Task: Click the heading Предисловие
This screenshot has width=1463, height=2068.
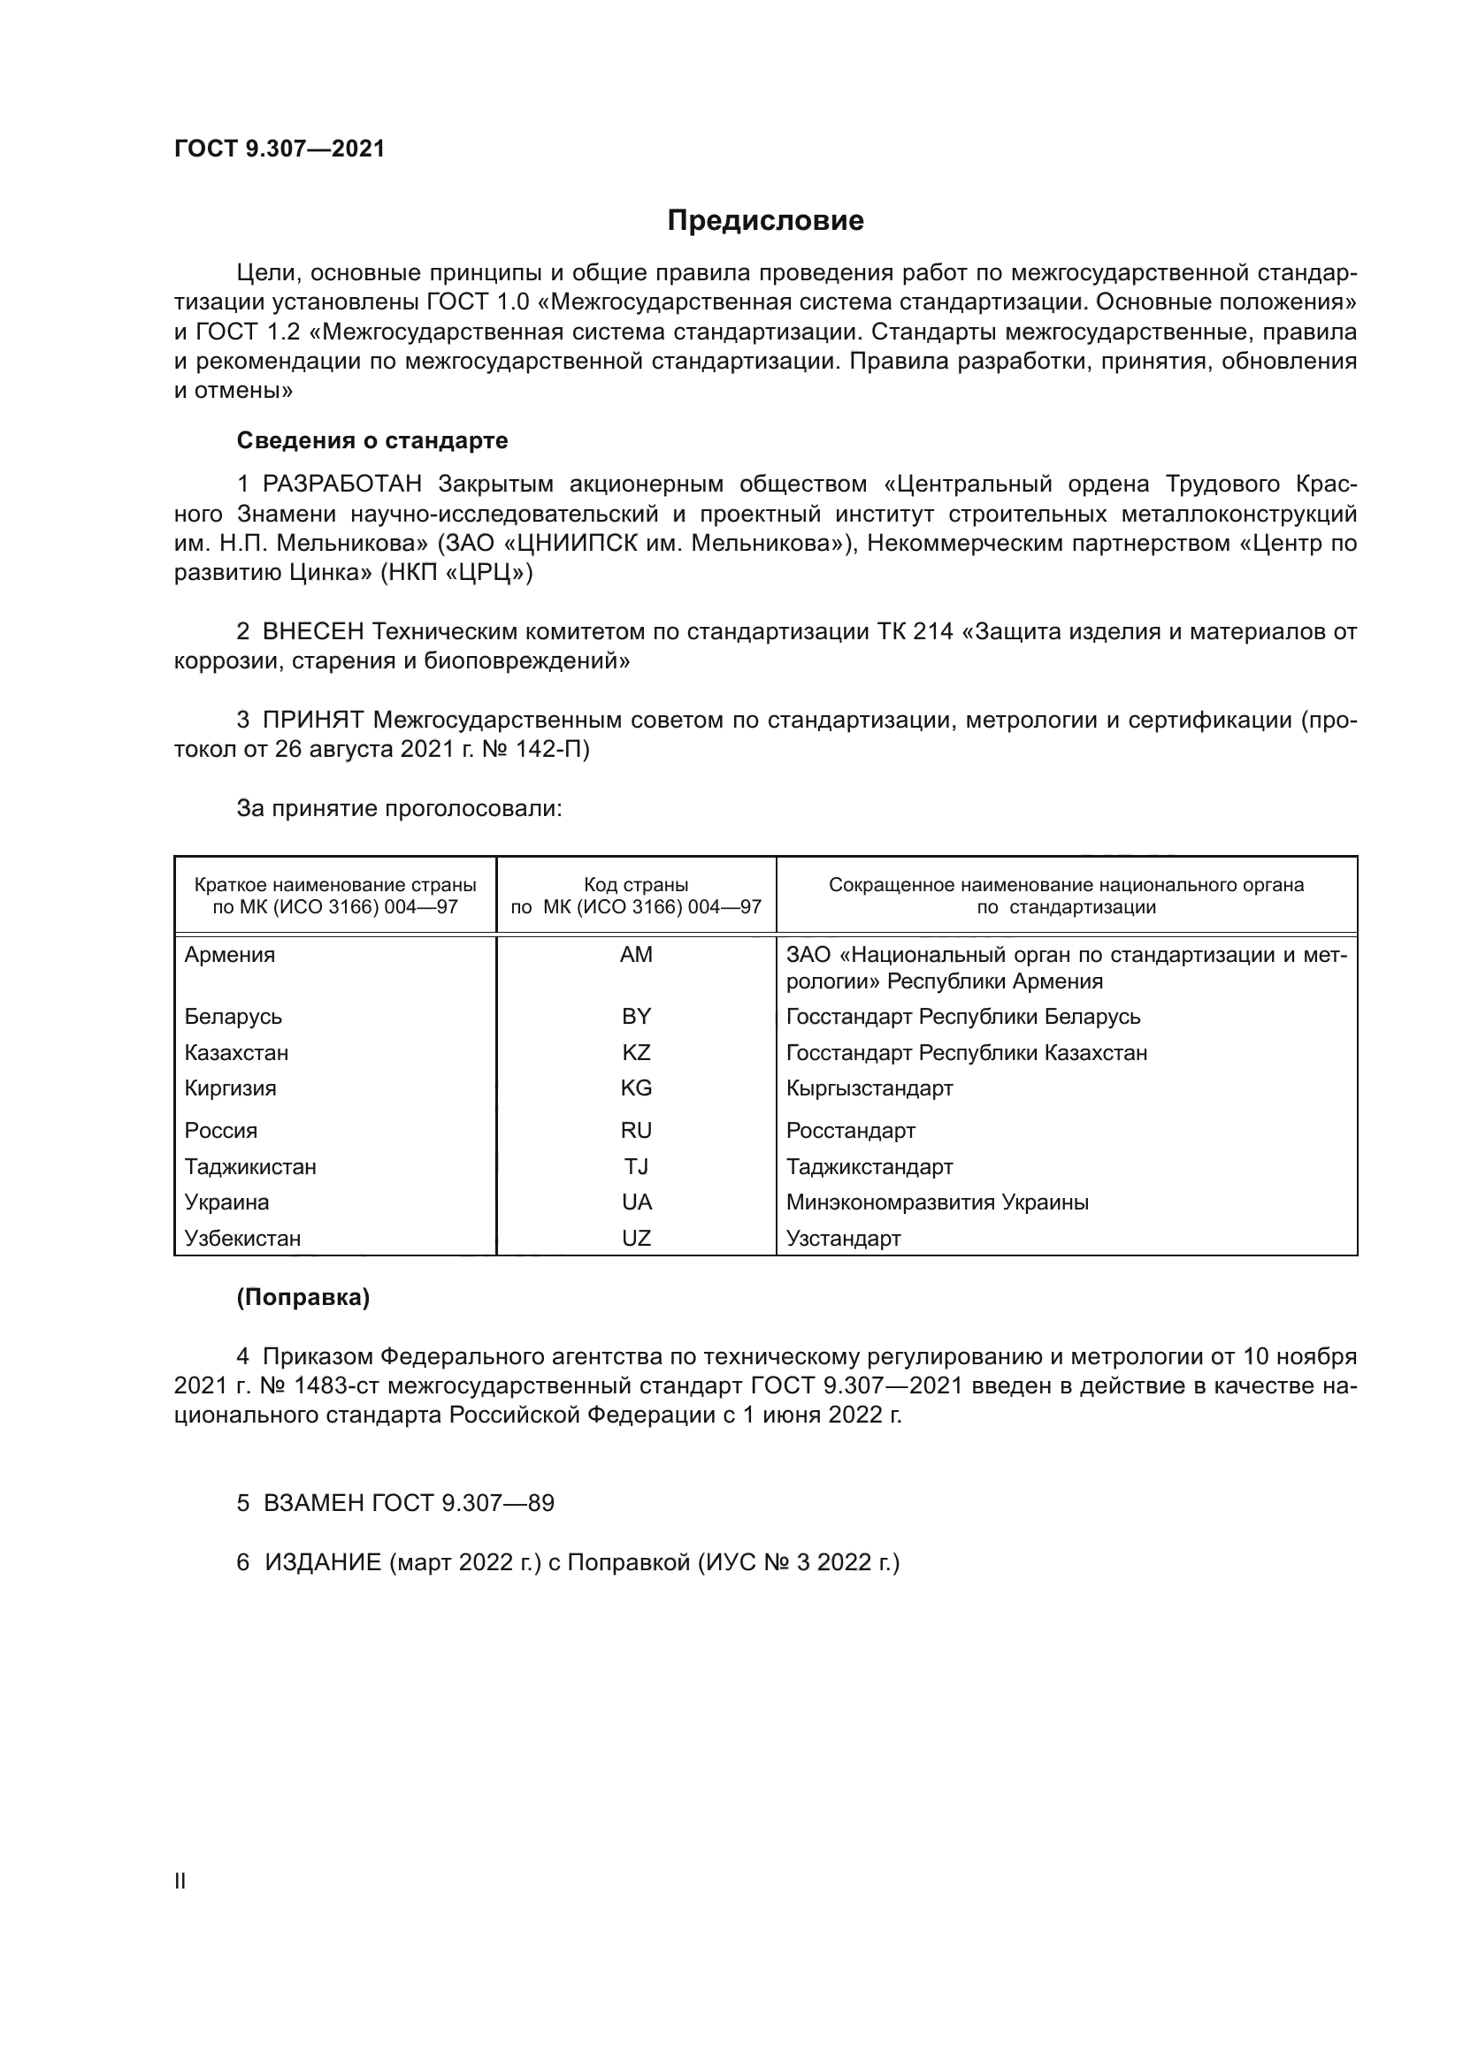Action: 765,221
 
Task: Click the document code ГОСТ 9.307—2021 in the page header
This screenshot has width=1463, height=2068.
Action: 280,149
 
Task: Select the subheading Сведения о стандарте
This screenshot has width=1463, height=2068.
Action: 372,440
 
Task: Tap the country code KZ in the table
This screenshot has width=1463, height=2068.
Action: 636,1052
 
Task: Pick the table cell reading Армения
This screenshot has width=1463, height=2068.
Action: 230,955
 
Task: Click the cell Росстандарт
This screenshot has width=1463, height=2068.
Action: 850,1131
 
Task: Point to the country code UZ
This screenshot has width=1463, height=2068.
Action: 636,1238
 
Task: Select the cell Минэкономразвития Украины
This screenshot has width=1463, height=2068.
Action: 937,1202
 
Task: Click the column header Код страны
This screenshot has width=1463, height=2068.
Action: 636,884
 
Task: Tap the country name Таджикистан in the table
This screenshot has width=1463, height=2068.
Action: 250,1166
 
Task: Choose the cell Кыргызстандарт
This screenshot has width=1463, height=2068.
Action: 869,1088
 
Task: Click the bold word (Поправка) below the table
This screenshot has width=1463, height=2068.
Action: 303,1297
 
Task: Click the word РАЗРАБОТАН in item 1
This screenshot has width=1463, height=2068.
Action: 342,485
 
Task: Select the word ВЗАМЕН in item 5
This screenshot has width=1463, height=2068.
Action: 313,1502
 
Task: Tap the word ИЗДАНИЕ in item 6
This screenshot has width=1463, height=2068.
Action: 324,1561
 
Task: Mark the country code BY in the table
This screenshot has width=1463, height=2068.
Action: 636,1016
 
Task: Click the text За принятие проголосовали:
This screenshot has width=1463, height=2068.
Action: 399,808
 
